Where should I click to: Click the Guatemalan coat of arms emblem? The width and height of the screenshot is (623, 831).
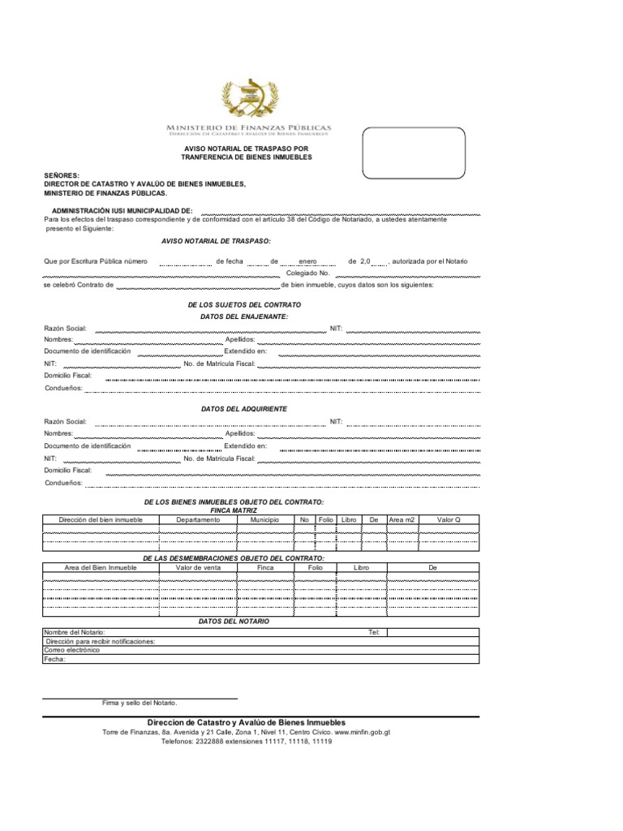pos(249,94)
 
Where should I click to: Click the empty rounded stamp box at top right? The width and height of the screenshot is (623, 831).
pos(414,152)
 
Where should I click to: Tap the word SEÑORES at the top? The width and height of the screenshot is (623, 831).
pos(62,175)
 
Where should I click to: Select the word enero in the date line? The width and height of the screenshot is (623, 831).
pos(307,261)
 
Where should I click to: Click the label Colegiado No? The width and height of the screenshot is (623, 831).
pos(307,273)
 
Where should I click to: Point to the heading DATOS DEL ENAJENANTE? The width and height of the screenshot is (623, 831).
pos(244,316)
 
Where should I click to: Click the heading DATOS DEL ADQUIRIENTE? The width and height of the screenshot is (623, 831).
pos(244,409)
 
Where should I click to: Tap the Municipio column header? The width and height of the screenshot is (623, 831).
pos(265,519)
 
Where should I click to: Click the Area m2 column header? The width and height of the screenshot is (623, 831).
pos(402,519)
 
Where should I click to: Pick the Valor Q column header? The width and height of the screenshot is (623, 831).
pos(449,519)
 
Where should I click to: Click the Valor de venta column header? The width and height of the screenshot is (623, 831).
pos(198,567)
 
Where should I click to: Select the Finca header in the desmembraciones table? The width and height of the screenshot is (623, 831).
pos(265,567)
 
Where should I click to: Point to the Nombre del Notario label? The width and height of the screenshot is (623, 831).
pos(75,631)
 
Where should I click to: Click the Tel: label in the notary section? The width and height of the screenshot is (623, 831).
pos(374,631)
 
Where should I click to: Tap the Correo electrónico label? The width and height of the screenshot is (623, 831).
pos(72,650)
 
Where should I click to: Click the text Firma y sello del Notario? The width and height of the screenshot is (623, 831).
pos(139,703)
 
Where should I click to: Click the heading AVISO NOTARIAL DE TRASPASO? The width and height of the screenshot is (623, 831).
pos(217,242)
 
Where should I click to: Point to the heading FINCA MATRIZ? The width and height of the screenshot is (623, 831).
pos(234,510)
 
